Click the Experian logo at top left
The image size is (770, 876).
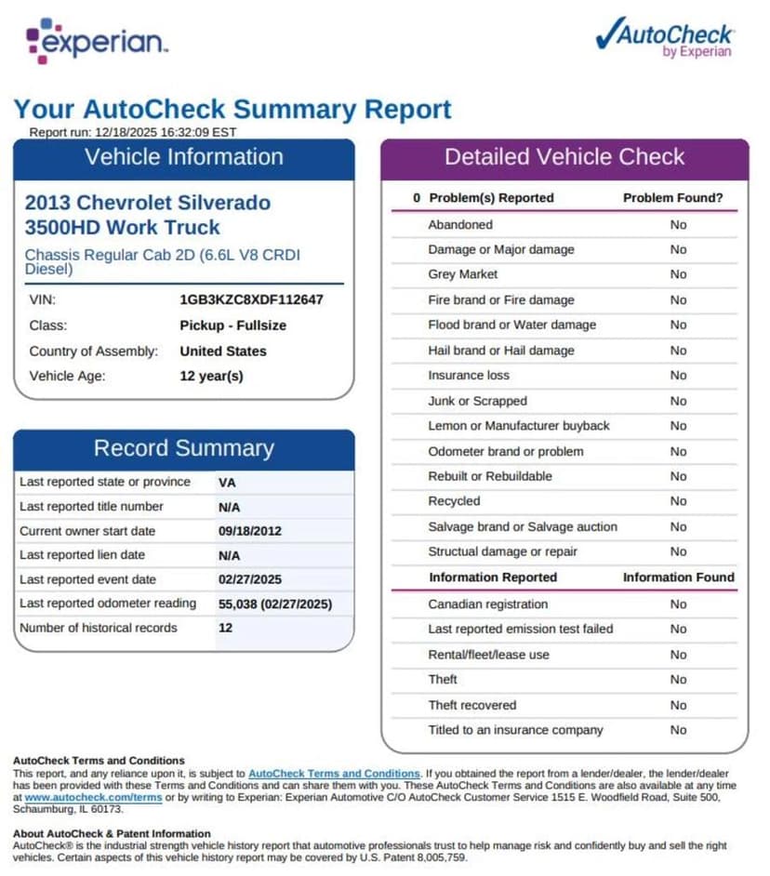(98, 41)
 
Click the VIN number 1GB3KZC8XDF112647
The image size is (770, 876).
(251, 300)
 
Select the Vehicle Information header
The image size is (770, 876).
(184, 157)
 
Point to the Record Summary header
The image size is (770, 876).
(184, 448)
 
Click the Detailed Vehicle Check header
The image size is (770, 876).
(564, 157)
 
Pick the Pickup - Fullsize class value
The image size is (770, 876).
(232, 325)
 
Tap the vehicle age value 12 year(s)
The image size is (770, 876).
(211, 377)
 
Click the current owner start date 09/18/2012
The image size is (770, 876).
(249, 531)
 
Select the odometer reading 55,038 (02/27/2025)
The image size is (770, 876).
(274, 604)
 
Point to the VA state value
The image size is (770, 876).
(227, 483)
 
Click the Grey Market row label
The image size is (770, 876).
(462, 274)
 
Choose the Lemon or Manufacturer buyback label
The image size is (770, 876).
(518, 426)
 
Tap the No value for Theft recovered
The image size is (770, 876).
(678, 705)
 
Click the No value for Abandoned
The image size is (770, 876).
(678, 224)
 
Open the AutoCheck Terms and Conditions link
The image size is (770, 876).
(334, 774)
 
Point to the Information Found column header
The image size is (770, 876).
(678, 577)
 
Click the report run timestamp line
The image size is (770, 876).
(133, 132)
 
